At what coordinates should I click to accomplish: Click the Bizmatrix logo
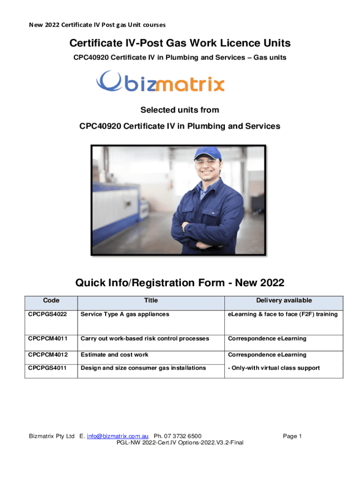(x=160, y=82)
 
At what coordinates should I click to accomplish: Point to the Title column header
(x=151, y=300)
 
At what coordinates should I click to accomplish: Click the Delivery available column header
(x=284, y=300)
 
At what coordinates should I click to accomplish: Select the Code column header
(x=51, y=300)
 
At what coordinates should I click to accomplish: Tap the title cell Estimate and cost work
(x=115, y=355)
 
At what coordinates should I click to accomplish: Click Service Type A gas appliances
(x=125, y=314)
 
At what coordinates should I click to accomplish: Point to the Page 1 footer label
(x=293, y=436)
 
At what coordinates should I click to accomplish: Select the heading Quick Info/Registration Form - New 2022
(x=180, y=283)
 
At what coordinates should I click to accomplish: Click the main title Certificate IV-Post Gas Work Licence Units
(x=180, y=44)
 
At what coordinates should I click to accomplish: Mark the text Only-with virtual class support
(x=274, y=368)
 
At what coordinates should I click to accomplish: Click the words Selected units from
(x=180, y=110)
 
